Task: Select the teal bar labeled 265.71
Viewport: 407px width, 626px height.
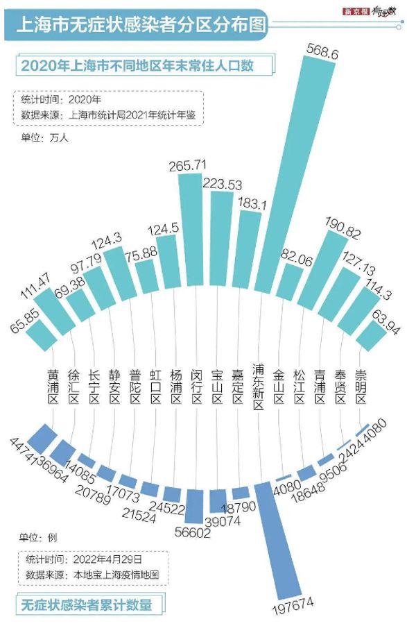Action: pyautogui.click(x=191, y=236)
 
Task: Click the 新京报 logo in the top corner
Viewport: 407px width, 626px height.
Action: pyautogui.click(x=354, y=12)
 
